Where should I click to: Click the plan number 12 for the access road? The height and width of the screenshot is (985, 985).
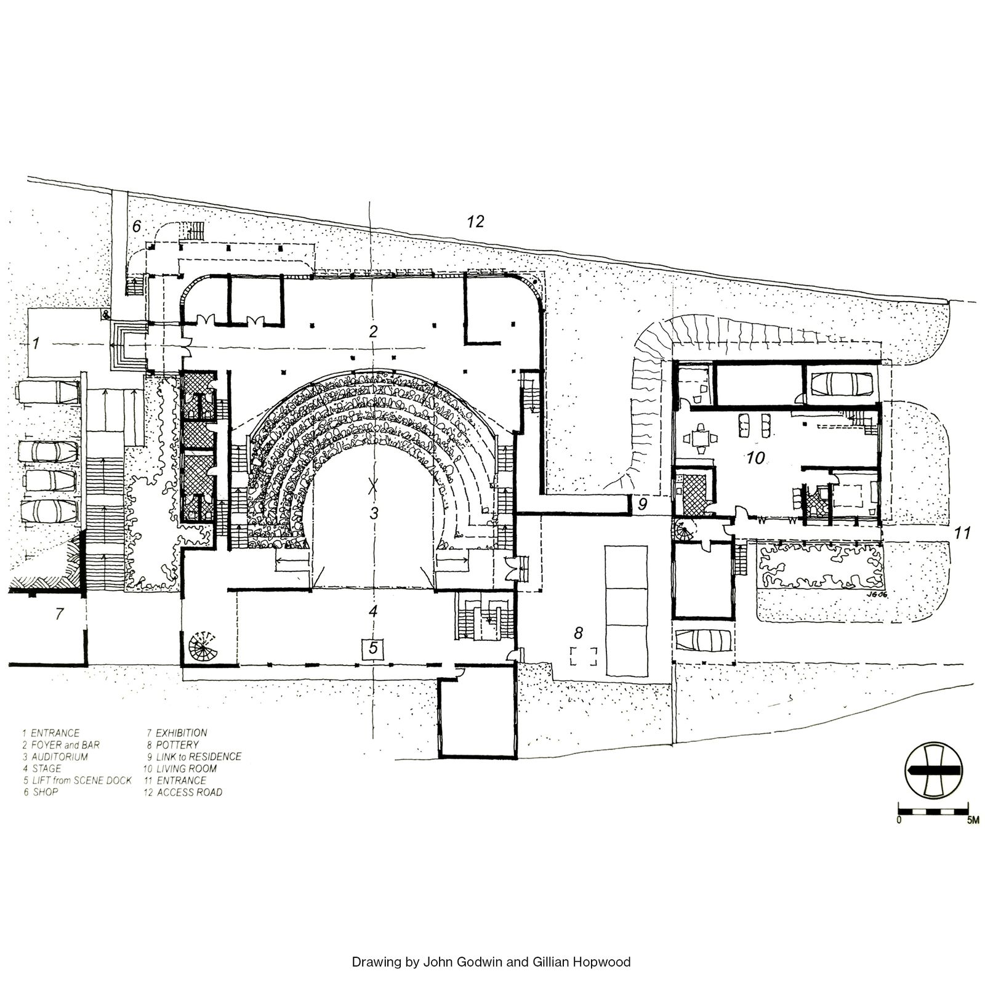(x=476, y=222)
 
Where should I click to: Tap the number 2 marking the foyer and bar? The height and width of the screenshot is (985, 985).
(x=373, y=332)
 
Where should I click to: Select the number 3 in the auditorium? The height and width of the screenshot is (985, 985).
(x=373, y=512)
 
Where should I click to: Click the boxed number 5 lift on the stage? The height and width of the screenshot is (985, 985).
(x=373, y=648)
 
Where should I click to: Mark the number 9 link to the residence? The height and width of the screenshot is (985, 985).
(x=643, y=505)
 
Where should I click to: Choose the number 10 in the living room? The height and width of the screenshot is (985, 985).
(x=755, y=457)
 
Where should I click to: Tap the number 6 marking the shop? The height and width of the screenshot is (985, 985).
(x=137, y=227)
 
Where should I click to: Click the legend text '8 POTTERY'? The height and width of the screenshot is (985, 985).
(x=172, y=745)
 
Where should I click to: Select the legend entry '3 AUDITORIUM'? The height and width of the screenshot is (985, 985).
(x=55, y=757)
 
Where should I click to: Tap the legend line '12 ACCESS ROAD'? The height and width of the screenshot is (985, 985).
(x=183, y=792)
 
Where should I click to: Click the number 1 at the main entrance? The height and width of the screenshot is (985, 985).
(x=36, y=344)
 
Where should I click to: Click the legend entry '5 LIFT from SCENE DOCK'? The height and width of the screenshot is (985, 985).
(x=77, y=781)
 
